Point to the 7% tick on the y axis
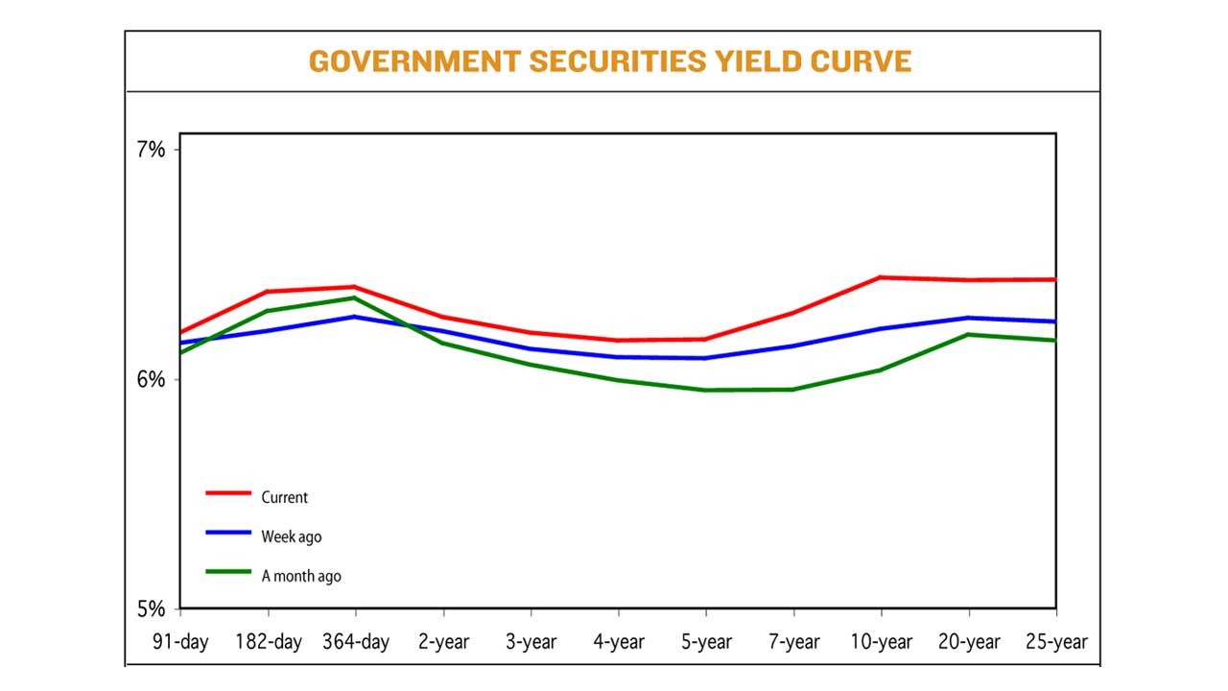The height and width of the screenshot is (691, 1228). click(x=151, y=150)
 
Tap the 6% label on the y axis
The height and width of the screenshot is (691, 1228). click(x=151, y=380)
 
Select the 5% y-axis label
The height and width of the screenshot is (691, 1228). click(x=151, y=609)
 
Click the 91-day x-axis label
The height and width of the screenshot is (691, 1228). click(x=180, y=642)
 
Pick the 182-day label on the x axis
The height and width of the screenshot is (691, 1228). click(x=268, y=642)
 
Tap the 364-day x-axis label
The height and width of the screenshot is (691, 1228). click(x=355, y=642)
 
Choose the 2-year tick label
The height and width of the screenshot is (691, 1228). click(x=443, y=642)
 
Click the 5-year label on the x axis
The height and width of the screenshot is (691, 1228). click(x=706, y=642)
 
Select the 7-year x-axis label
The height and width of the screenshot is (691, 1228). click(x=793, y=642)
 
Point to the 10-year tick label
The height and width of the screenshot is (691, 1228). click(x=881, y=642)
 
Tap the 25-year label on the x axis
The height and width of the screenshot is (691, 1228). click(x=1055, y=642)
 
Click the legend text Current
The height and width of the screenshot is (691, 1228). click(x=285, y=497)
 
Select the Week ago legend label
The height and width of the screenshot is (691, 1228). click(x=292, y=537)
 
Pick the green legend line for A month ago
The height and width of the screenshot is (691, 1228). click(x=228, y=571)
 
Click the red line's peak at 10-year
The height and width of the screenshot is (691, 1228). click(x=881, y=277)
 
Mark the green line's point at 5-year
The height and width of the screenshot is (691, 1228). click(x=706, y=390)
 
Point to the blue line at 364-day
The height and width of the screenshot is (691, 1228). click(x=356, y=316)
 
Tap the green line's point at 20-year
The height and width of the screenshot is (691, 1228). click(x=968, y=334)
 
